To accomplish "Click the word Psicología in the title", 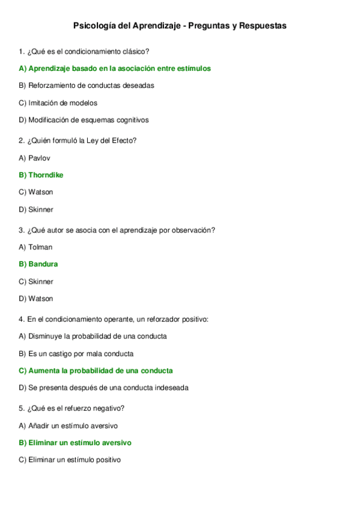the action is coord(94,26).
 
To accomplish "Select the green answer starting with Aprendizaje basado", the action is coord(115,69).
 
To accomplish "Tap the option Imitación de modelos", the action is coord(58,103).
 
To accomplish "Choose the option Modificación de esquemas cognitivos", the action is coord(84,120).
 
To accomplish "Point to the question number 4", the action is coord(22,319).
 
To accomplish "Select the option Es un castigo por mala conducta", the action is coord(76,354).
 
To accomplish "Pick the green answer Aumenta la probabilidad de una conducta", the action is coord(96,370).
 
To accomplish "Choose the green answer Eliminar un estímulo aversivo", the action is coord(75,443).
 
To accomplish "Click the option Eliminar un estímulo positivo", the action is coord(70,460).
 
